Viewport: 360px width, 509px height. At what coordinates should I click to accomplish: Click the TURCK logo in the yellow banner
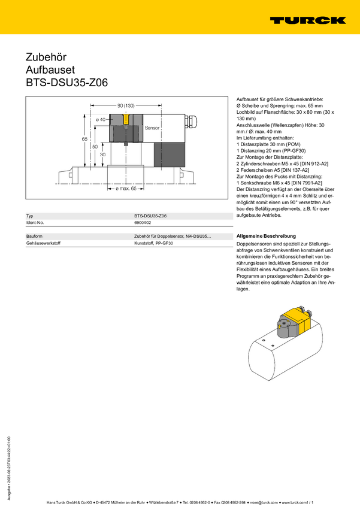[x=308, y=20]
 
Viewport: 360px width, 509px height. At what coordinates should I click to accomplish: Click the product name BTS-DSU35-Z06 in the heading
[x=67, y=83]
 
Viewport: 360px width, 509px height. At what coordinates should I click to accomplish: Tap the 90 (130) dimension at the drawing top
[x=126, y=105]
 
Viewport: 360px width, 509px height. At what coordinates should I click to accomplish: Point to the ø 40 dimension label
[x=101, y=119]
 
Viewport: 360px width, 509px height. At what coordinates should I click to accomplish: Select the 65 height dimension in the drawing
[x=84, y=139]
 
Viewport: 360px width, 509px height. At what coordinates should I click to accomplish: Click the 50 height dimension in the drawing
[x=95, y=147]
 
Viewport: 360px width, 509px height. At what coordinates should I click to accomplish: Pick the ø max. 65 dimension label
[x=126, y=189]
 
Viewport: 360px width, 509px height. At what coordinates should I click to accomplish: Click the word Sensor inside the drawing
[x=152, y=128]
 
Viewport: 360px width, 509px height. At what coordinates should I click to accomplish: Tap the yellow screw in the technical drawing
[x=126, y=119]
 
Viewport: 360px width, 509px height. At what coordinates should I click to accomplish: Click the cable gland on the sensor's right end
[x=191, y=122]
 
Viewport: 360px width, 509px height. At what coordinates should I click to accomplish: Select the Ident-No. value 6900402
[x=143, y=223]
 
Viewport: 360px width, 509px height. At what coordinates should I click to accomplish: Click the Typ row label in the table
[x=29, y=216]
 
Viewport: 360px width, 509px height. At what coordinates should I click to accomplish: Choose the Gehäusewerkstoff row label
[x=43, y=243]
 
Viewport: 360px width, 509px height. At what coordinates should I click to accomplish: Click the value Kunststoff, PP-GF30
[x=153, y=243]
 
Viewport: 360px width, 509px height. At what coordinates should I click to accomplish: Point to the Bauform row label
[x=34, y=237]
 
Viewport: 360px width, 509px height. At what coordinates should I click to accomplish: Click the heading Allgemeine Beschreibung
[x=266, y=236]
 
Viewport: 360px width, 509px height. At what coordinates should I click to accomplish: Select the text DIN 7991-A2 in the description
[x=307, y=183]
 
